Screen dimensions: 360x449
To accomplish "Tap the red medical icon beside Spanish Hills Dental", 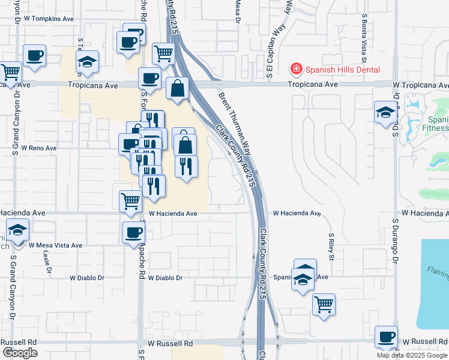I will click(x=295, y=70).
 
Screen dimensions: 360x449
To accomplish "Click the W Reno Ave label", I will click(x=38, y=148).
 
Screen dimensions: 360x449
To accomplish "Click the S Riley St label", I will click(x=330, y=247).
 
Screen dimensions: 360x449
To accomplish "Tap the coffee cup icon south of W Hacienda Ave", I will click(x=133, y=232).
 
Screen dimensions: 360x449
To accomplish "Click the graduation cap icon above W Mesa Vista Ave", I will click(x=18, y=229).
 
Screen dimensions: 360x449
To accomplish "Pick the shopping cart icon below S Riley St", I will click(x=324, y=304).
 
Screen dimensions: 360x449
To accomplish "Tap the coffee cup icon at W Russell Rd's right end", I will click(x=385, y=337).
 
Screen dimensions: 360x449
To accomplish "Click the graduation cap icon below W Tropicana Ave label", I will click(x=384, y=112).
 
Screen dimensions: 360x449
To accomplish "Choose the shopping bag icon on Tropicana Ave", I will click(x=178, y=88).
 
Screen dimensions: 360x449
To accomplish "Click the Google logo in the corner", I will click(x=19, y=353).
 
